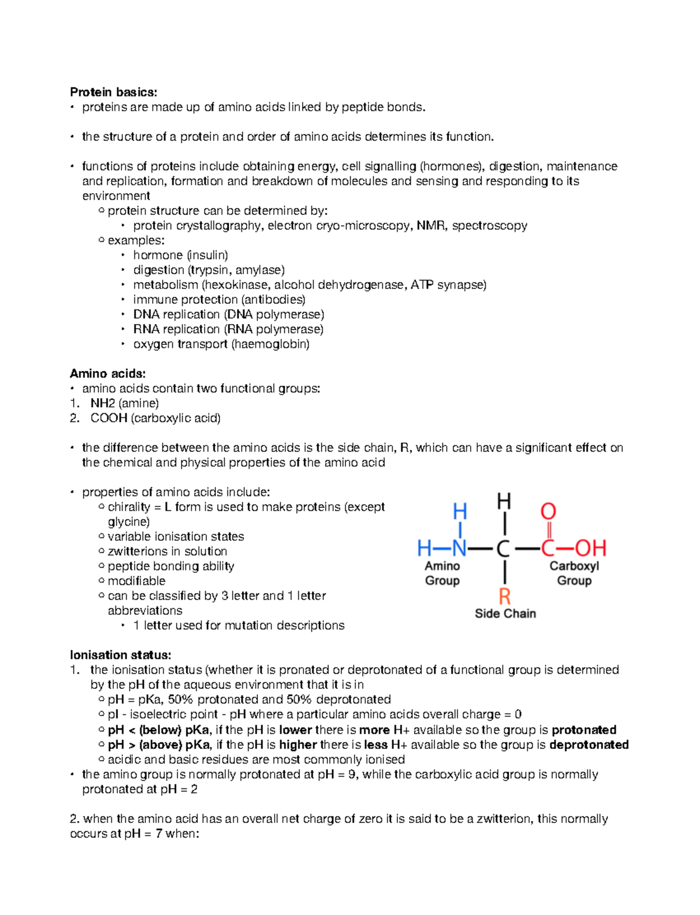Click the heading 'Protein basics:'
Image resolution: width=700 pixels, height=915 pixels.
coord(113,92)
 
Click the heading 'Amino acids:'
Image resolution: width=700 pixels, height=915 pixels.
coord(107,374)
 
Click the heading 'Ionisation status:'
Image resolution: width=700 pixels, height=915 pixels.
coord(120,655)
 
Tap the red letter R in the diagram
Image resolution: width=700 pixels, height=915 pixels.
coord(505,596)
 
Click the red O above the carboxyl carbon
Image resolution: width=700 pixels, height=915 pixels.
coord(548,512)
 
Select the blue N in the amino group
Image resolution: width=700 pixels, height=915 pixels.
coord(460,548)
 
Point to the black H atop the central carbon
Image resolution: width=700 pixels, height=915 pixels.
coord(504,501)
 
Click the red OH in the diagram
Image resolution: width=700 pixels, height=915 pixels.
coord(590,548)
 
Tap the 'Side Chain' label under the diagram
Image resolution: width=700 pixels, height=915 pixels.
coord(505,614)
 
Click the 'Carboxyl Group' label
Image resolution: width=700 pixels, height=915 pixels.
coord(574,573)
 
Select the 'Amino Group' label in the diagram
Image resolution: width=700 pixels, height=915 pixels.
coord(442,573)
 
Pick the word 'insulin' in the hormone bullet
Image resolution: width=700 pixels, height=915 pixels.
coord(208,255)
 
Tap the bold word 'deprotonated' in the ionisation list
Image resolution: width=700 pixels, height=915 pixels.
coord(589,745)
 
